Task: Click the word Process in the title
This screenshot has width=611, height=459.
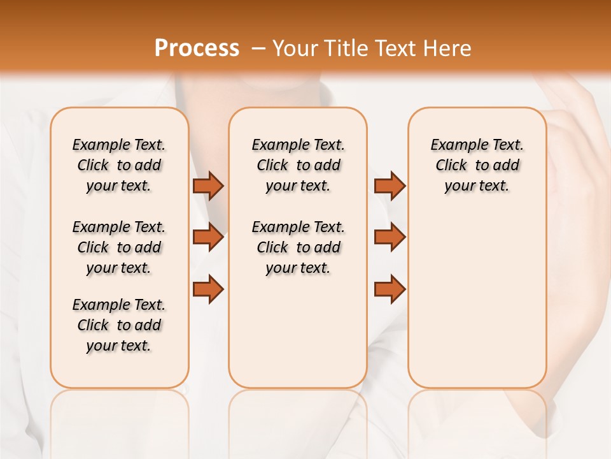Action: (x=197, y=48)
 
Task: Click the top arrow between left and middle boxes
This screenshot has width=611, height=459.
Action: (x=207, y=186)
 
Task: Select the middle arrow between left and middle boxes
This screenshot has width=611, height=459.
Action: (x=207, y=237)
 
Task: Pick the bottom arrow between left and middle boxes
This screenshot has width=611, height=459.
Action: (x=207, y=289)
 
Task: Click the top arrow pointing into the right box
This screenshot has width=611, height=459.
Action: (x=390, y=186)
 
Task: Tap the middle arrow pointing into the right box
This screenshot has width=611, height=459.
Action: (x=390, y=237)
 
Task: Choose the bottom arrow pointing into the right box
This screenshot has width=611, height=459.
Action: (x=390, y=289)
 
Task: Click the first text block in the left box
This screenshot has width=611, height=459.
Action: (x=119, y=165)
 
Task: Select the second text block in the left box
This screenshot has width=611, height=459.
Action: (x=119, y=247)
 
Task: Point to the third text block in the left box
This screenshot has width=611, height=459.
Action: (x=119, y=325)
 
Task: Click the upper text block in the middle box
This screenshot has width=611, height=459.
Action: (x=298, y=165)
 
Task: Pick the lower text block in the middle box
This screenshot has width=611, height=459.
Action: (x=298, y=247)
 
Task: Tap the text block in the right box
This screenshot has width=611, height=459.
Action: (x=477, y=165)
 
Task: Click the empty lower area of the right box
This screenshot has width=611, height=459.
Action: (x=477, y=293)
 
